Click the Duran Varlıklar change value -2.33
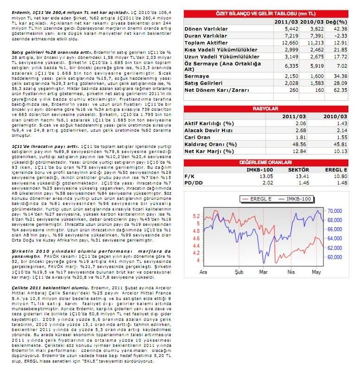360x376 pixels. pos(339,35)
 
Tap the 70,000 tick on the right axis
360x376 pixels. pos(337,211)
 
